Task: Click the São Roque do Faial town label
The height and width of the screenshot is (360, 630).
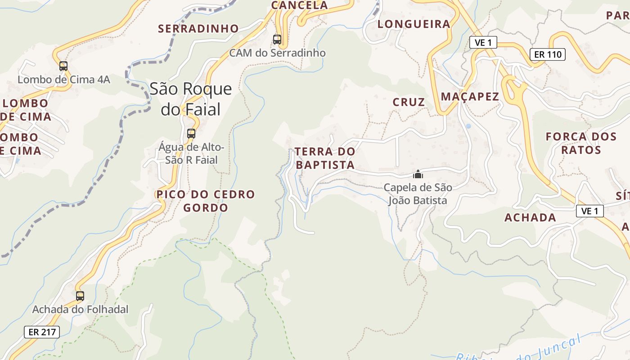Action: click(191, 99)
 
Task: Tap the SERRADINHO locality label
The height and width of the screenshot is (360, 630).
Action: click(198, 29)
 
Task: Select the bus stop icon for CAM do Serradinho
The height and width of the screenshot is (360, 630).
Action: click(277, 40)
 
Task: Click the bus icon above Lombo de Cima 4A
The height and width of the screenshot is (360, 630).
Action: click(63, 66)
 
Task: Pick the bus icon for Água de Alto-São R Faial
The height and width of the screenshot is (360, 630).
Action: click(191, 134)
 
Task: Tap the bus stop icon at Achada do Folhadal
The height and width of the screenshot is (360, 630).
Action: click(80, 296)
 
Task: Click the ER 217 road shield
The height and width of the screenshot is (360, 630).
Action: click(42, 332)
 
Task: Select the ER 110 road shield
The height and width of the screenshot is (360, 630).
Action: click(547, 54)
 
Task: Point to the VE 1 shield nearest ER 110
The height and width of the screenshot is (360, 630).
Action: click(483, 43)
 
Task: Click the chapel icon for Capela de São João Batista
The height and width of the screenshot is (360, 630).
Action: click(418, 174)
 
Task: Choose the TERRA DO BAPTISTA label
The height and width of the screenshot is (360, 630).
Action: click(325, 158)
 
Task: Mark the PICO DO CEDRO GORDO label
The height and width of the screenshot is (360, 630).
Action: click(206, 201)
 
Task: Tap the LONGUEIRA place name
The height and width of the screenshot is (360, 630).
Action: click(414, 24)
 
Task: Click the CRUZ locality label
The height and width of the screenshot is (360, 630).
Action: click(409, 102)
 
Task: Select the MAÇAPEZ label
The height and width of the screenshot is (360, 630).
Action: click(470, 96)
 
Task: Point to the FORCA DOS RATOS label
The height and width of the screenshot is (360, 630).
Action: click(581, 143)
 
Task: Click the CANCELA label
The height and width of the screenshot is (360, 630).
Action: click(299, 5)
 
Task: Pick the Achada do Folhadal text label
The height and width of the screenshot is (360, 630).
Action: click(80, 310)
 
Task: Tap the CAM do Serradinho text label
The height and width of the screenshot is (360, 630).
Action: click(277, 53)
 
